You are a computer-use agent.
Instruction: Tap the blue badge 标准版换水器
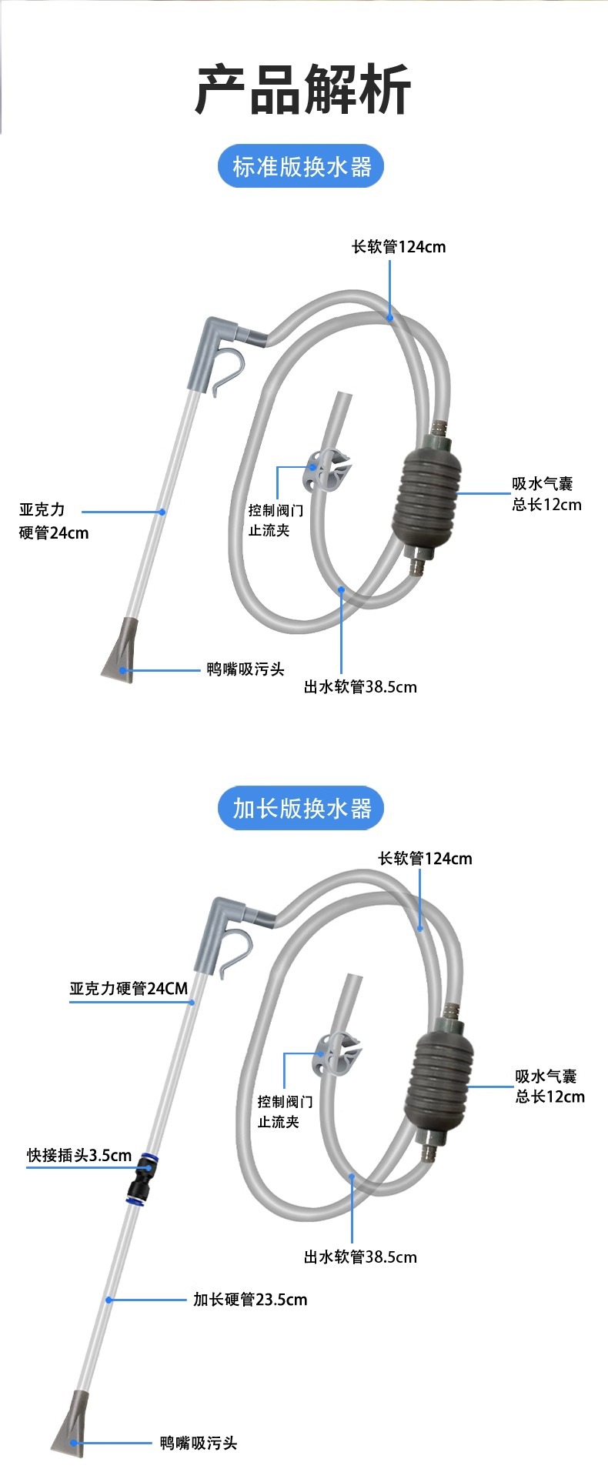[x=301, y=166]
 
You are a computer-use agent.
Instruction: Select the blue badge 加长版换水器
[x=301, y=808]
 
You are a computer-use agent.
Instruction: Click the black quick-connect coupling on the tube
[x=142, y=1177]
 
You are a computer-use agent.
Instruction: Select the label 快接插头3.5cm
[x=79, y=1155]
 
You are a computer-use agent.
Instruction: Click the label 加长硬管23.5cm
[x=250, y=1299]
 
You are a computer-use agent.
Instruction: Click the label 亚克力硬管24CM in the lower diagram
[x=129, y=988]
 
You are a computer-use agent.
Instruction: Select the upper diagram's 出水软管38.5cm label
[x=360, y=686]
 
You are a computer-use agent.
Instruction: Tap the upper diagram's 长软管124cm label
[x=399, y=246]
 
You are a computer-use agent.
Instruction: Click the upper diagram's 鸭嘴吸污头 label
[x=246, y=669]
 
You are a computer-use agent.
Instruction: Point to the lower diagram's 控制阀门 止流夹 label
[x=285, y=1111]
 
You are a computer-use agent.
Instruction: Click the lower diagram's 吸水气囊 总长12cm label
[x=550, y=1086]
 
